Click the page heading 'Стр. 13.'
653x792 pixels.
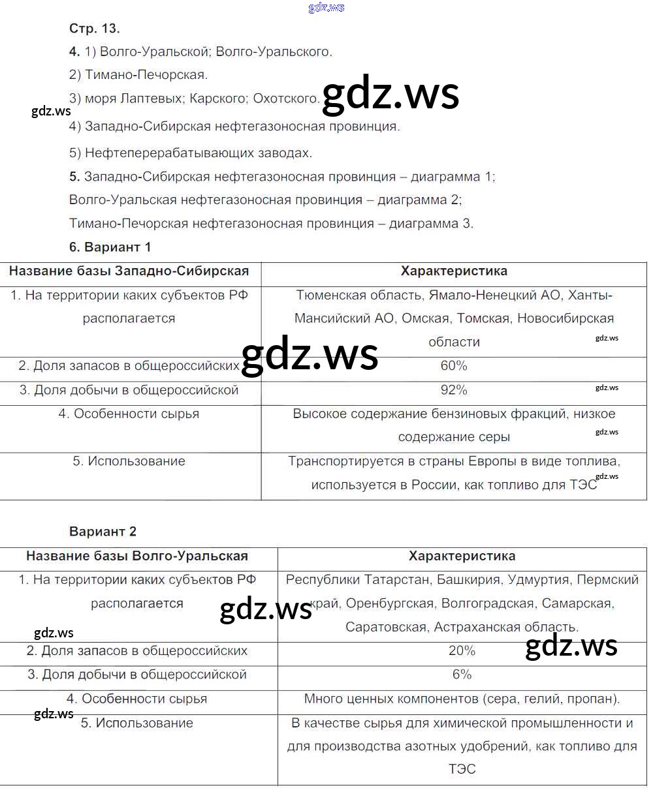pyautogui.click(x=95, y=28)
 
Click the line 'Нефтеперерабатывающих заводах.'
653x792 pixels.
pyautogui.click(x=199, y=153)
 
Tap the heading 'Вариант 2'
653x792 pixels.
pyautogui.click(x=103, y=532)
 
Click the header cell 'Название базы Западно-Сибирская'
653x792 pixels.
pyautogui.click(x=129, y=271)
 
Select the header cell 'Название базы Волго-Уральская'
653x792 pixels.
pyautogui.click(x=137, y=556)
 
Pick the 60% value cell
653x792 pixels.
pyautogui.click(x=454, y=366)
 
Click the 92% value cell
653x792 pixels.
pyautogui.click(x=454, y=390)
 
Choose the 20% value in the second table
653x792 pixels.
pyautogui.click(x=462, y=651)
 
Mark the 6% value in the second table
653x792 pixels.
pyautogui.click(x=462, y=675)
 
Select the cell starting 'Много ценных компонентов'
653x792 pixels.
pyautogui.click(x=462, y=699)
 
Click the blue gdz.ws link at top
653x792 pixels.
pyautogui.click(x=326, y=8)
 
